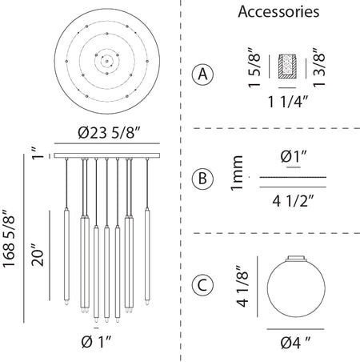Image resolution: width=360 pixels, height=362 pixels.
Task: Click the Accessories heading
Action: point(278,12)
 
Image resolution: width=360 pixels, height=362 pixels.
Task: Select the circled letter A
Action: point(203,74)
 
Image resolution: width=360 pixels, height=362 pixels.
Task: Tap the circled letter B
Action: point(202,178)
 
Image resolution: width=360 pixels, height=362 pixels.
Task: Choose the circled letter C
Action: point(202,285)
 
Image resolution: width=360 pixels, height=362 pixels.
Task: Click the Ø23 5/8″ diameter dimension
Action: point(110,133)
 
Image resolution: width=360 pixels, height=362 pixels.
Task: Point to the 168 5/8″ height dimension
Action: point(9,239)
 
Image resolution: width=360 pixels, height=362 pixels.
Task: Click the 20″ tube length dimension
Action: point(38,255)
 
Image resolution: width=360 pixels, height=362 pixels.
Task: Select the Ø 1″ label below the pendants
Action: point(96,342)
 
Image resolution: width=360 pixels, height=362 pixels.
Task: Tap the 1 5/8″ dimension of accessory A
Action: point(254,67)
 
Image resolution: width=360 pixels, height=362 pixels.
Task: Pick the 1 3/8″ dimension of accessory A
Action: point(319,67)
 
